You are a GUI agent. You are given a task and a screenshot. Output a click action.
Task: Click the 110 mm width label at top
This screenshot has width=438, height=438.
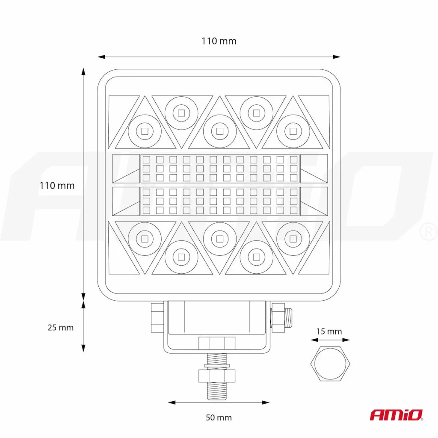[x=219, y=41]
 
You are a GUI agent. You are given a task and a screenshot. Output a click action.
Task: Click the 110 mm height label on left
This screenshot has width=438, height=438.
[x=57, y=186]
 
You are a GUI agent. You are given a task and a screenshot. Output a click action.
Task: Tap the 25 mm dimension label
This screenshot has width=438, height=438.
[x=60, y=327]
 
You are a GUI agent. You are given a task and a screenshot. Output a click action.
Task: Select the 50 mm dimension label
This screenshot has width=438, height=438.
[x=219, y=417]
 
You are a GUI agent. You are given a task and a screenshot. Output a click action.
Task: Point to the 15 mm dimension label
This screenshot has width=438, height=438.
[x=329, y=331]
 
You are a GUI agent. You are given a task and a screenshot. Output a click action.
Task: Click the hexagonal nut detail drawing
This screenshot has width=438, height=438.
[x=330, y=364]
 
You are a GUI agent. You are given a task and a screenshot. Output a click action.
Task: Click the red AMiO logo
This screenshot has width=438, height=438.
[x=397, y=415]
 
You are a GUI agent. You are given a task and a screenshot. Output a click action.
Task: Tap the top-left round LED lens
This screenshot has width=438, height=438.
[x=145, y=131]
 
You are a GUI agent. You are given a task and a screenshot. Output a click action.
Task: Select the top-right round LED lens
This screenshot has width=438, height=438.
[x=293, y=131]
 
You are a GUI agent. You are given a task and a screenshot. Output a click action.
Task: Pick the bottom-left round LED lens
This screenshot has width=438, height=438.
[x=145, y=239]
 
